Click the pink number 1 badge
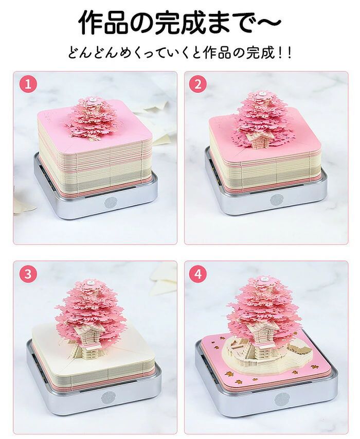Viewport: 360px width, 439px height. pos(28,84)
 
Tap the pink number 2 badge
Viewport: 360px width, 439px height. pos(198,84)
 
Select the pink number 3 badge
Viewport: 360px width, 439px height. pos(28,274)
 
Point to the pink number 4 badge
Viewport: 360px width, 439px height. pos(198,274)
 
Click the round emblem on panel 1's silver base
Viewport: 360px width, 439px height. pos(110,203)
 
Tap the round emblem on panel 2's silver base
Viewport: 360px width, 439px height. pos(277,199)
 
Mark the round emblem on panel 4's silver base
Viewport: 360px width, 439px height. pos(281,399)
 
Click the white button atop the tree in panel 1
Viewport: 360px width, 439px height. pos(92,99)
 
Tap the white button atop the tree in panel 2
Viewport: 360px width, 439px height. pos(262,94)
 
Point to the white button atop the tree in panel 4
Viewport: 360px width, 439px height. pos(263,279)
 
